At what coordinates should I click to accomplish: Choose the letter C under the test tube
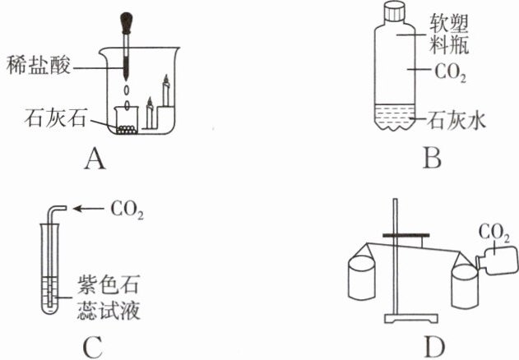click(92, 348)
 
